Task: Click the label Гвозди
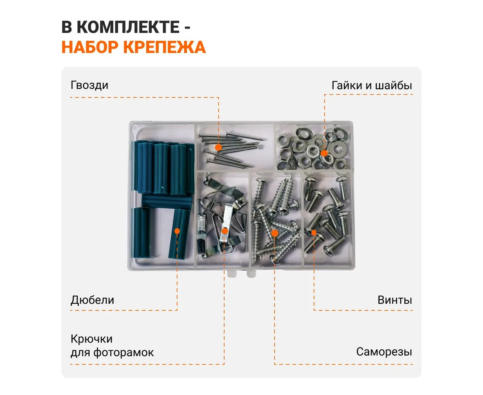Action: click(x=89, y=85)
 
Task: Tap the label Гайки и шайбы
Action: click(x=372, y=85)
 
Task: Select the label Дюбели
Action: click(x=92, y=300)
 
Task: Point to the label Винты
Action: click(x=395, y=300)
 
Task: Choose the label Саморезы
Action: click(x=384, y=352)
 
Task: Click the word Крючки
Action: click(x=92, y=339)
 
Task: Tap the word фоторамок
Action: click(x=124, y=353)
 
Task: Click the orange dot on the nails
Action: click(x=218, y=148)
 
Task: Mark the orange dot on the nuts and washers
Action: click(x=324, y=153)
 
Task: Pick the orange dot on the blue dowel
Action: click(x=177, y=231)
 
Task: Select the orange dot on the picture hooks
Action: click(x=225, y=231)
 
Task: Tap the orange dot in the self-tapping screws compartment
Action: click(x=274, y=233)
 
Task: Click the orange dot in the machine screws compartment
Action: click(x=314, y=233)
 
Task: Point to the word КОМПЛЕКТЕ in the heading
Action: click(x=128, y=27)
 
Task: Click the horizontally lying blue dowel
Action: click(x=167, y=201)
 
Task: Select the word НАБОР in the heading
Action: click(x=91, y=47)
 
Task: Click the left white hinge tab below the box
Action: click(x=232, y=274)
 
